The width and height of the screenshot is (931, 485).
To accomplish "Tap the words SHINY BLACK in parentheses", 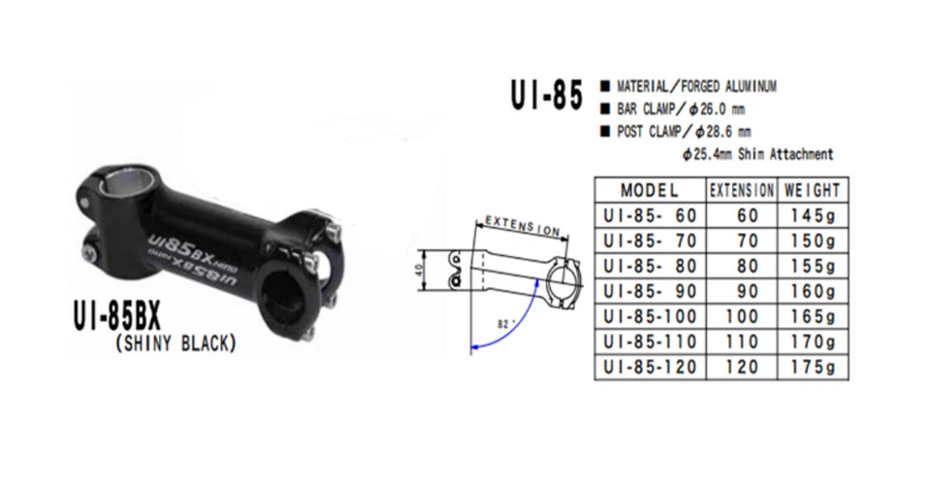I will click(x=176, y=342).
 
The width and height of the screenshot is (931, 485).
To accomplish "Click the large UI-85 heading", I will click(x=546, y=97).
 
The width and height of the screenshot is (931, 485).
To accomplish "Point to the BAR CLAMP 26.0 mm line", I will click(x=670, y=109).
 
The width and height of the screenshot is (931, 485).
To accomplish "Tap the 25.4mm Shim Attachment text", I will click(x=757, y=153).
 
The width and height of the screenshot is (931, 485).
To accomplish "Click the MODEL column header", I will click(x=650, y=190).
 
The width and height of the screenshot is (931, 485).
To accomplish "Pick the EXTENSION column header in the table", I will click(x=742, y=190).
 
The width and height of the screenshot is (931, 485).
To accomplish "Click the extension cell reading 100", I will click(x=742, y=316).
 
